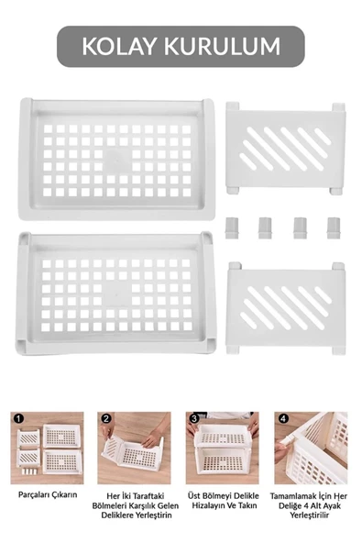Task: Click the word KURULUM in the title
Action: click(223, 47)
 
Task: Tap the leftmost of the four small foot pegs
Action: click(232, 227)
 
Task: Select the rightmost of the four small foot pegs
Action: click(334, 227)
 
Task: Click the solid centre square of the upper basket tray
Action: click(117, 160)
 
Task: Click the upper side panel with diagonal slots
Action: click(285, 149)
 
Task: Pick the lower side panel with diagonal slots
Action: click(285, 308)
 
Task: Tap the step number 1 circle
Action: click(18, 418)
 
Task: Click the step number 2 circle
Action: click(105, 418)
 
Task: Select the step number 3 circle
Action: click(194, 418)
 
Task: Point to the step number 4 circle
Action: click(283, 418)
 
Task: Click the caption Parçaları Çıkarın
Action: click(48, 494)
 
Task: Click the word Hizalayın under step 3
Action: click(210, 505)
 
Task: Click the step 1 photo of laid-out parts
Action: click(47, 448)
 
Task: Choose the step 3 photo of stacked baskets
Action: click(222, 448)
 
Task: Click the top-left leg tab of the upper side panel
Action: click(233, 106)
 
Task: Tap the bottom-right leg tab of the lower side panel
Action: click(338, 349)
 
